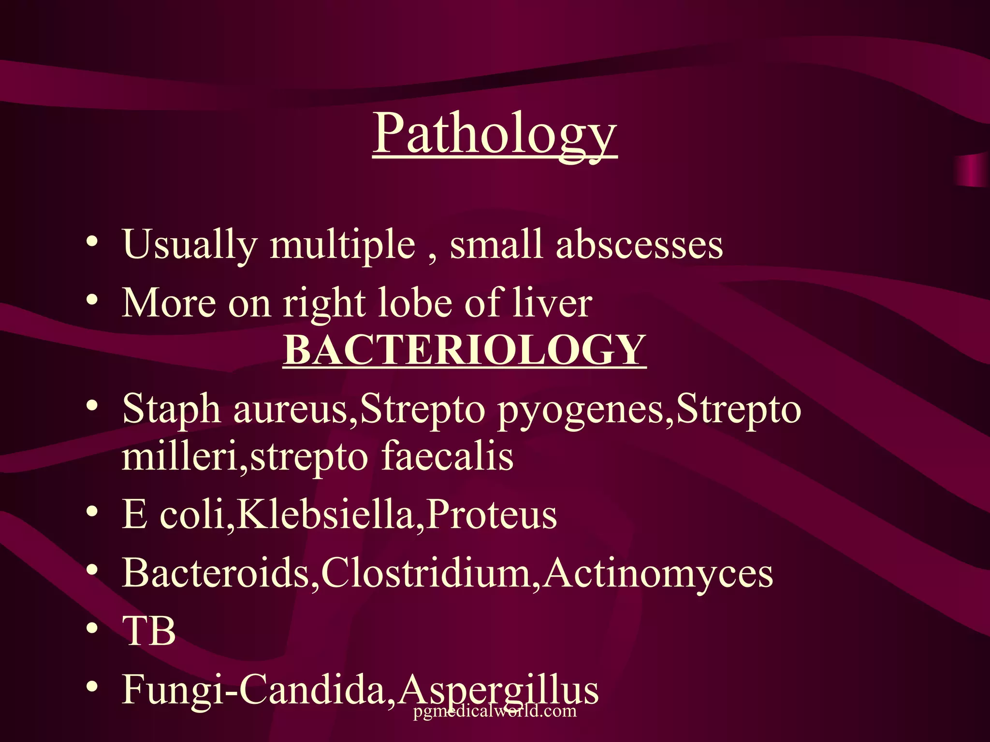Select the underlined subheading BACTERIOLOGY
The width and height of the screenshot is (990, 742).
click(465, 350)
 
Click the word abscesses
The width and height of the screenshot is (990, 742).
click(639, 244)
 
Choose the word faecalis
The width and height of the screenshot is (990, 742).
click(447, 457)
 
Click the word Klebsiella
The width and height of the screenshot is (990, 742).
click(325, 515)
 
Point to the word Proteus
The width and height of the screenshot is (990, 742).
click(492, 515)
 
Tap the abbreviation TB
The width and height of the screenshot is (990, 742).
click(149, 631)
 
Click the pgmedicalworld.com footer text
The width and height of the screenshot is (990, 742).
click(495, 711)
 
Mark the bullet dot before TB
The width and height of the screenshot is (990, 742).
click(92, 629)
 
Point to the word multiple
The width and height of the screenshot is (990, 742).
click(342, 244)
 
